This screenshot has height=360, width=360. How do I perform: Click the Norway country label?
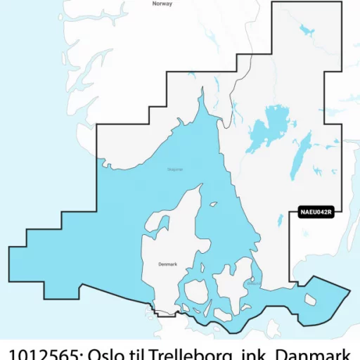[162, 4]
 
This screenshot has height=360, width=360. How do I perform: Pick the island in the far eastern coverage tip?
[310, 300]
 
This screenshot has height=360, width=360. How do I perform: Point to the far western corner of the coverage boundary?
[9, 247]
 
